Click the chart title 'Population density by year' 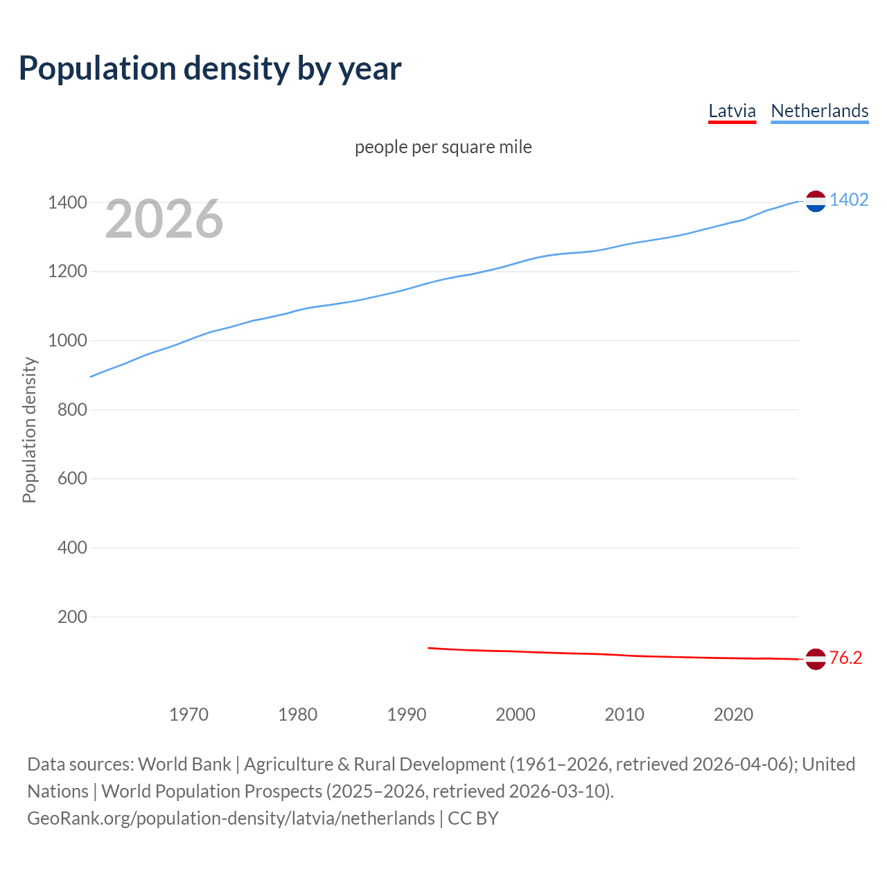click(x=210, y=69)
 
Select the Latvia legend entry click(x=732, y=111)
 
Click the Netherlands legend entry click(x=819, y=111)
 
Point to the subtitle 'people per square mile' click(x=443, y=147)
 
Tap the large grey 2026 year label click(x=164, y=219)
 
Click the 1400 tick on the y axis click(x=67, y=203)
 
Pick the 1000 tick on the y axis click(x=67, y=341)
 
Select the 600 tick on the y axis click(x=72, y=479)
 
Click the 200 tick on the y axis click(x=72, y=617)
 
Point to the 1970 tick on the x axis click(x=188, y=714)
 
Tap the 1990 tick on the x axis click(x=407, y=714)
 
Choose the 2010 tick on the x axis click(x=624, y=714)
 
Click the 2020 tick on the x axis click(x=733, y=714)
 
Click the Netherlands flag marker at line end click(x=816, y=201)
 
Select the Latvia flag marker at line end click(x=816, y=659)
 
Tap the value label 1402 click(x=849, y=200)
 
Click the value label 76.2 click(x=845, y=658)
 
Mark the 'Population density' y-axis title click(x=29, y=430)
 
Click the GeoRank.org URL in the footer click(x=231, y=818)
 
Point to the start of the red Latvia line click(x=429, y=648)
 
